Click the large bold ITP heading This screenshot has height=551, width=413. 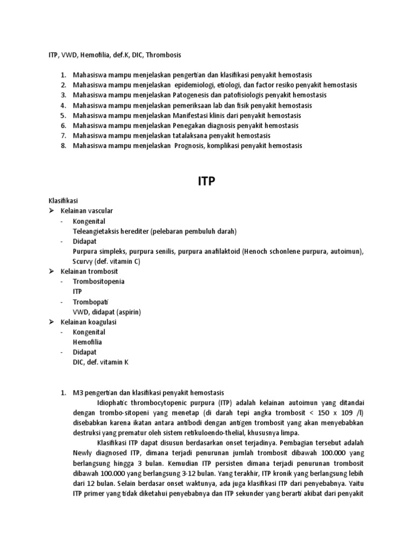[206, 181]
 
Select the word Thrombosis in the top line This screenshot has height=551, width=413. [163, 55]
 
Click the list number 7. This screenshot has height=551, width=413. [63, 136]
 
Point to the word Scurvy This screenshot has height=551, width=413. [83, 262]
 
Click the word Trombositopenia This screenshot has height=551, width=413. [99, 281]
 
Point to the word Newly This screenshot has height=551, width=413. [83, 453]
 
